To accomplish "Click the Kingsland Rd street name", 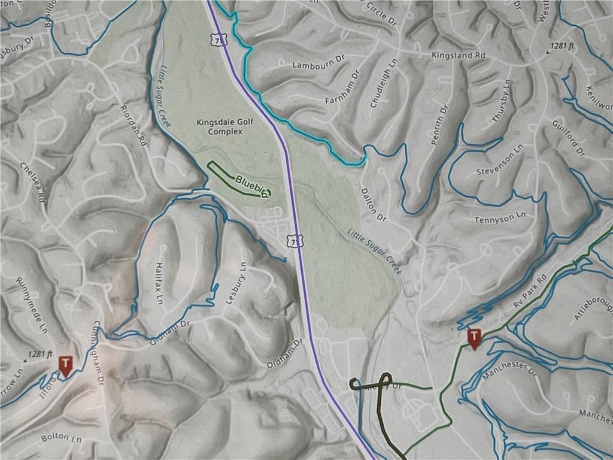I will [x=458, y=55].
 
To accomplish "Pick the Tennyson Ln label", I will [x=500, y=219].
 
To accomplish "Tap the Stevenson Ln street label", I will [x=500, y=163].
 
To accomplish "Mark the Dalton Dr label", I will [x=374, y=204].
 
